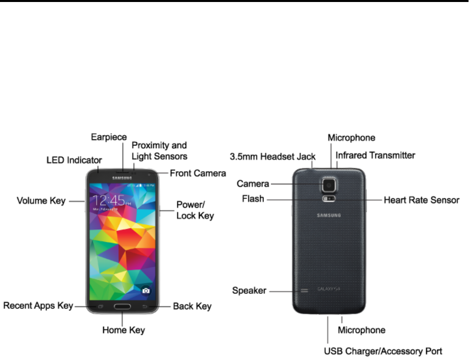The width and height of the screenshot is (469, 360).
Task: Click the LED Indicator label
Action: pos(74,160)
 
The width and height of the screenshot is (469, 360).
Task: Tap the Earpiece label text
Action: pos(109,137)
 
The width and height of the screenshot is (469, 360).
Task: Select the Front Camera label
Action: pos(198,173)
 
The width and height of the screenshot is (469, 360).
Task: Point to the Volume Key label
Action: pos(41,201)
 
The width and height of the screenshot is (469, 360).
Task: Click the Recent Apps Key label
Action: pos(38,305)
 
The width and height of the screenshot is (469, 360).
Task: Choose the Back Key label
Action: pos(192,306)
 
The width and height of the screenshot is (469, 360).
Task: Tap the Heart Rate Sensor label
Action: pos(421,200)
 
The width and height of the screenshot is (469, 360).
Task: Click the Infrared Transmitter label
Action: pos(375,155)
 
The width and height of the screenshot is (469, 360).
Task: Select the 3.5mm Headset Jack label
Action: pos(272,157)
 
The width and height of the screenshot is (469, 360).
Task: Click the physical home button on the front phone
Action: pos(123,306)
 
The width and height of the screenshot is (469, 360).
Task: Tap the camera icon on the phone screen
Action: pos(146,290)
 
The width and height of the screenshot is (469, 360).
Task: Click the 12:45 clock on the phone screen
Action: pos(109,201)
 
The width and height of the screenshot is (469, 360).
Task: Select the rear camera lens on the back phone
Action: pos(329,184)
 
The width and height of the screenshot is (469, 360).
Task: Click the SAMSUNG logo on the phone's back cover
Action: pos(329,216)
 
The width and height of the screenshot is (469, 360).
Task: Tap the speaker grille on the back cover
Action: pos(304,290)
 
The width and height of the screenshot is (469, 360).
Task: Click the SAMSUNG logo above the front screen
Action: pos(123,175)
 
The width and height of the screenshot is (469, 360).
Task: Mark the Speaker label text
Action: pos(249,290)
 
